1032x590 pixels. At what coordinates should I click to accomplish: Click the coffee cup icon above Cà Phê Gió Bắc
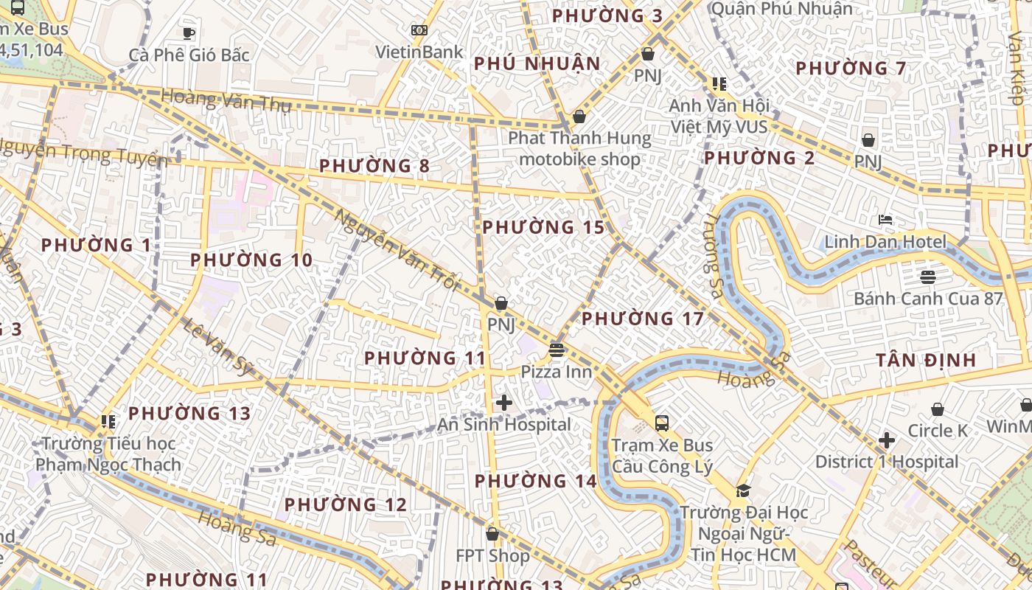[x=189, y=33]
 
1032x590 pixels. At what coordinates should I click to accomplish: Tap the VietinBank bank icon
[x=419, y=30]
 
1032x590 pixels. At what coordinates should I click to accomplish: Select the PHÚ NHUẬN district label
[x=537, y=64]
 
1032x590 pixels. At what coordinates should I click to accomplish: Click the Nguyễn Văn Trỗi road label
[x=397, y=250]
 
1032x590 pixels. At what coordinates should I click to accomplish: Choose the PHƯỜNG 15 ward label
[x=543, y=228]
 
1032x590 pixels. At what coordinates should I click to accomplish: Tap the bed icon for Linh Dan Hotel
[x=885, y=220]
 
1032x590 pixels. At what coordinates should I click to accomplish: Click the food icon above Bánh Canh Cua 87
[x=927, y=277]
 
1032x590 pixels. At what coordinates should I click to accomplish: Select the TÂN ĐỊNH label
[x=926, y=361]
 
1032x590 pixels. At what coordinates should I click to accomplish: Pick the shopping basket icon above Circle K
[x=938, y=409]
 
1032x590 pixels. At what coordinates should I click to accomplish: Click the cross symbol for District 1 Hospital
[x=887, y=441]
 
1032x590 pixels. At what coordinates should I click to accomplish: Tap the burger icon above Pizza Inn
[x=557, y=350]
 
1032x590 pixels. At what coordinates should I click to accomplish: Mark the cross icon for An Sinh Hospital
[x=504, y=403]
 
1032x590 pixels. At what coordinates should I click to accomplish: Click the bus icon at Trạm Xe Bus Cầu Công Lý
[x=662, y=423]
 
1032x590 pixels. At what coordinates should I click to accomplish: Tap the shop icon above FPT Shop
[x=492, y=534]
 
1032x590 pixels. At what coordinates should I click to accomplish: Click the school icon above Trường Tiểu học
[x=108, y=422]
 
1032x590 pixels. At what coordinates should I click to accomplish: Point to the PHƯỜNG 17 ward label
[x=643, y=319]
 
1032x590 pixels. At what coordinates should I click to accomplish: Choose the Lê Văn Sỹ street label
[x=218, y=347]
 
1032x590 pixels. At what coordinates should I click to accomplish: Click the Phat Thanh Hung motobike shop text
[x=579, y=148]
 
